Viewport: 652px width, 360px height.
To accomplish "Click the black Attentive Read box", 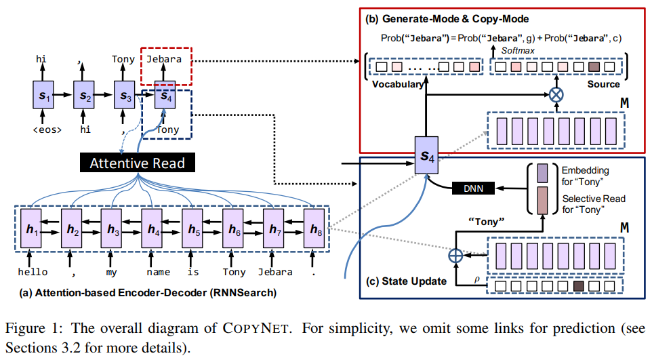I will coord(138,163).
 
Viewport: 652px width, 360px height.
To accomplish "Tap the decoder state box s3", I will coord(124,96).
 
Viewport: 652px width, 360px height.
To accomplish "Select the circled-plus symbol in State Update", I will coord(455,256).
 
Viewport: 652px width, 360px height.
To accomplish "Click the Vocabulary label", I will coord(399,85).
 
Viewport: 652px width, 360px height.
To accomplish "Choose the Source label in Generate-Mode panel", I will coord(603,84).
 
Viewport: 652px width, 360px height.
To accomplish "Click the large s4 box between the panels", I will coord(426,156).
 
